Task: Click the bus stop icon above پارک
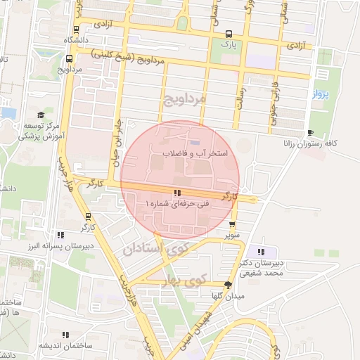click(227, 34)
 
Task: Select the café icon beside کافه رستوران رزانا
click(311, 133)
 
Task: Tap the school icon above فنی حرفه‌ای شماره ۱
click(177, 192)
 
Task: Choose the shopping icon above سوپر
click(232, 224)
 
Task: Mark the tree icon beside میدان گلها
click(227, 285)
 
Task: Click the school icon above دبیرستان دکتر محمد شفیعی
click(262, 252)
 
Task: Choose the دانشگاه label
click(76, 40)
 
